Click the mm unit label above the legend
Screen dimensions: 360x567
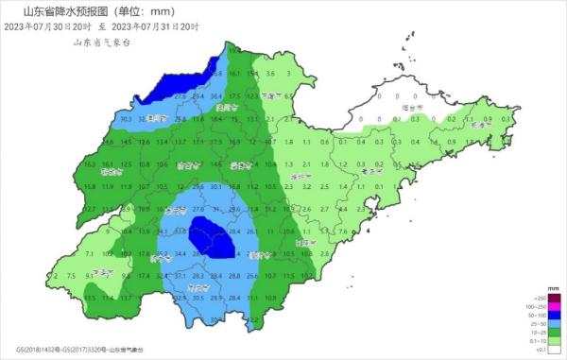(552, 284)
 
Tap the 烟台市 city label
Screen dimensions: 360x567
(410, 109)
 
